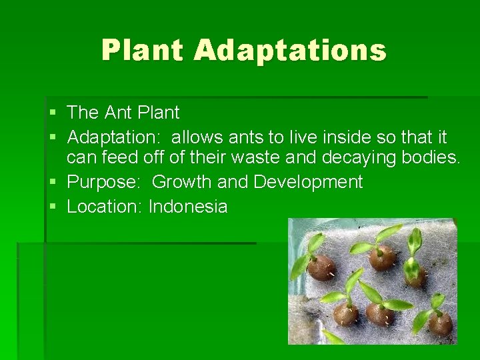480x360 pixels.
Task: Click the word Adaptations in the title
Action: [290, 50]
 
